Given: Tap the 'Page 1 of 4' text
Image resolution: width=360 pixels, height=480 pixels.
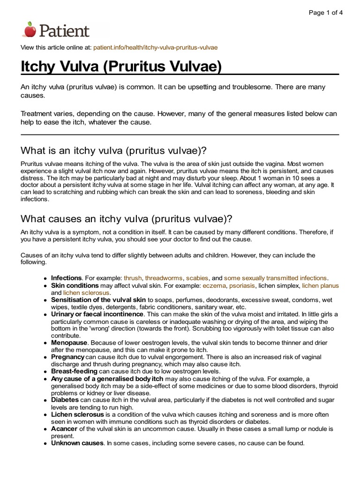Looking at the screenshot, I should (325, 13).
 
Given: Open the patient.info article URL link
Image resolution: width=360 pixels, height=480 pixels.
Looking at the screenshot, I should (156, 48).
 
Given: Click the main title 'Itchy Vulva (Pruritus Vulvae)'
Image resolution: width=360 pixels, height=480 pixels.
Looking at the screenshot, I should (121, 66).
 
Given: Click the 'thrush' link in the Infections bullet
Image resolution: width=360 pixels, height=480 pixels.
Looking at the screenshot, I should (132, 278).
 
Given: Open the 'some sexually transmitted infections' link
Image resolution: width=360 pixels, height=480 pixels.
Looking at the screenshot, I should (276, 278).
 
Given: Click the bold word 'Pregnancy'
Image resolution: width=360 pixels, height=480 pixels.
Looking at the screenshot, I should (68, 357).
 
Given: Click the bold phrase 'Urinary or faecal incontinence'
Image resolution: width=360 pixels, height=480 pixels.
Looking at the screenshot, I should (97, 314).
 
